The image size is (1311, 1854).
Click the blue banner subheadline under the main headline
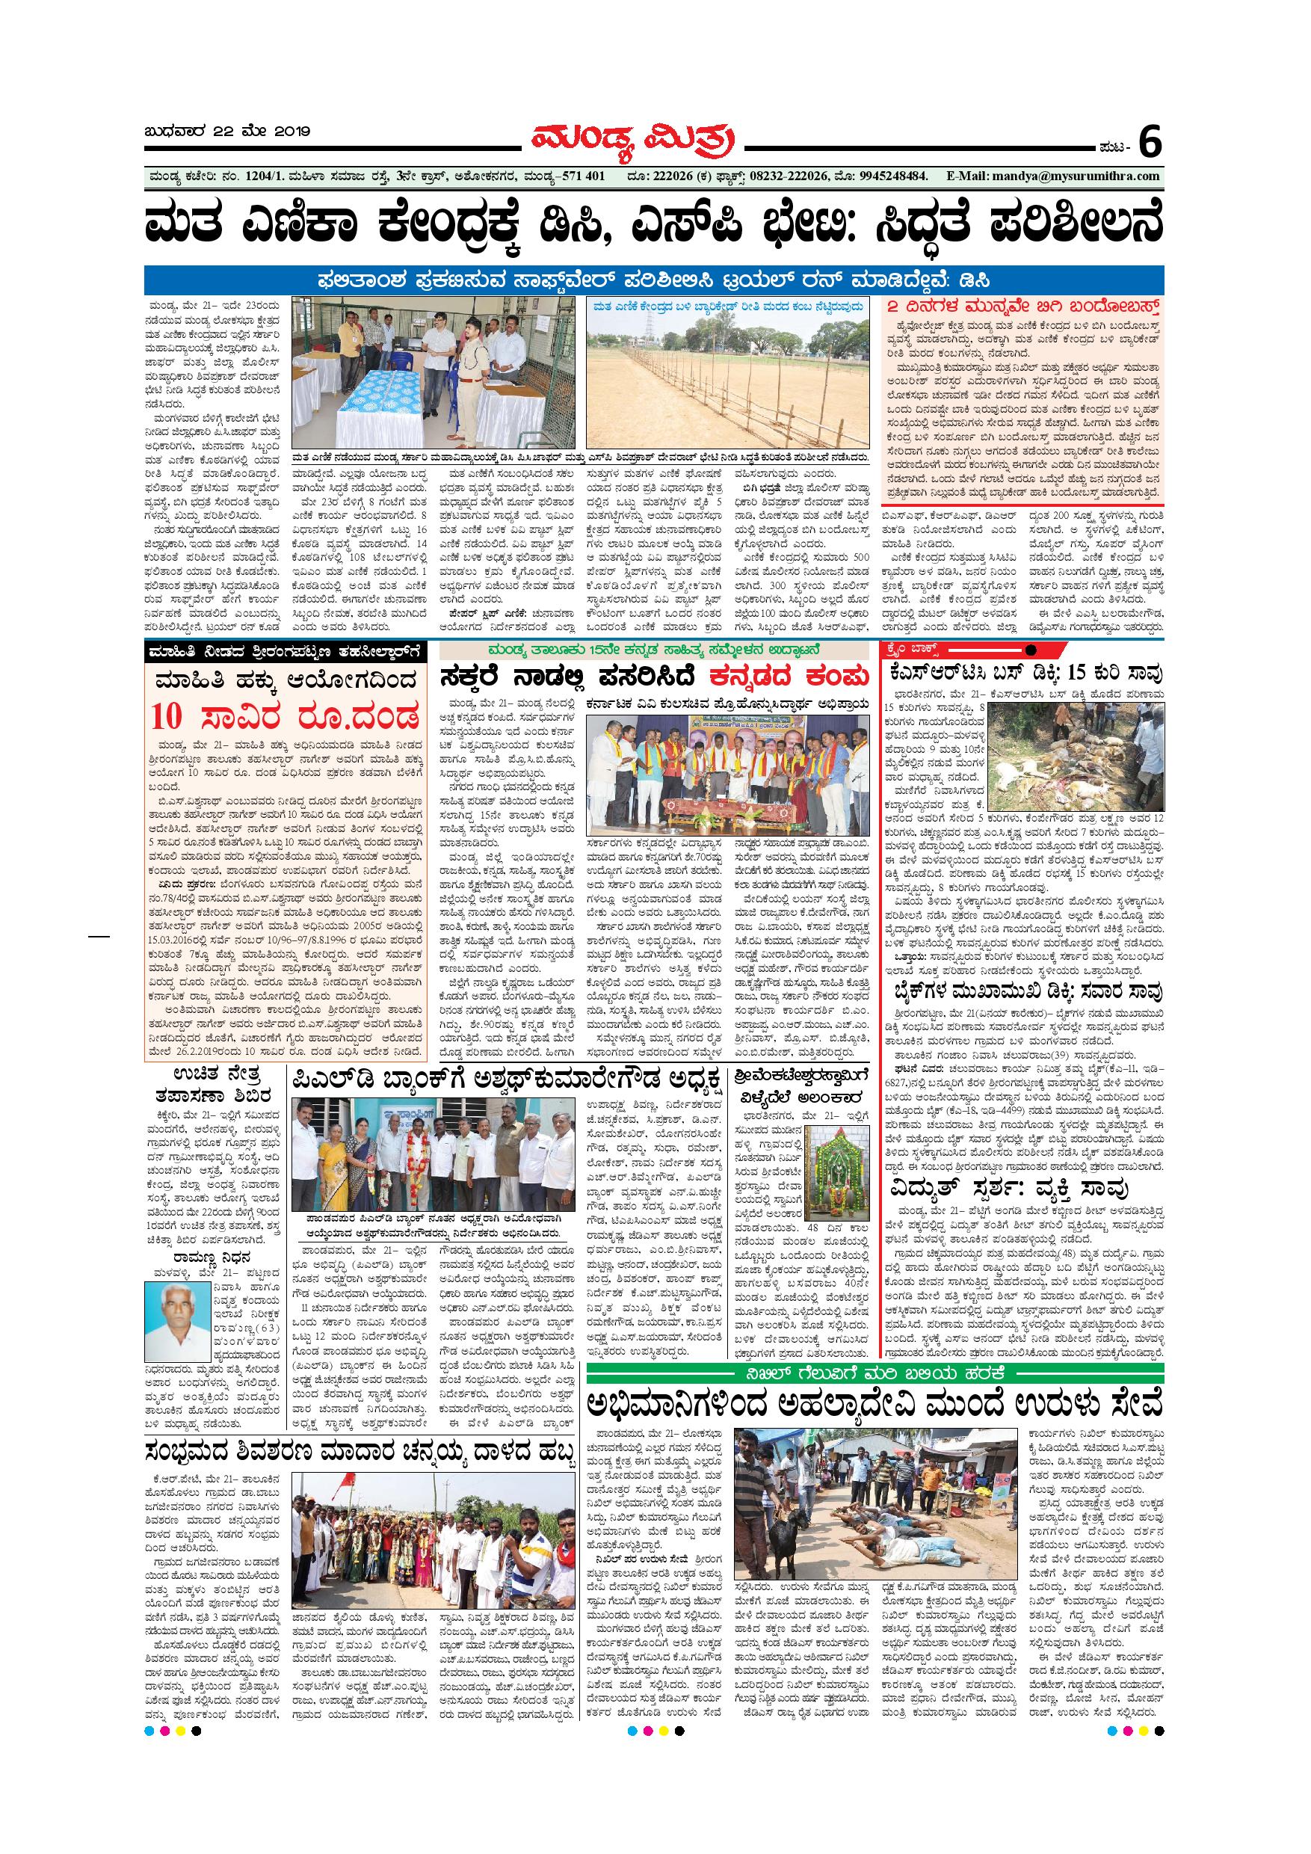(654, 280)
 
